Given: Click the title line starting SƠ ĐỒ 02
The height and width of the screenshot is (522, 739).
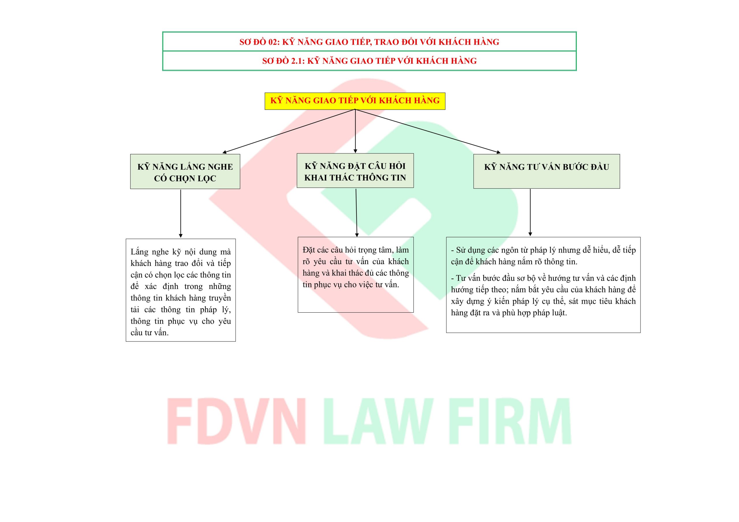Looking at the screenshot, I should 369,42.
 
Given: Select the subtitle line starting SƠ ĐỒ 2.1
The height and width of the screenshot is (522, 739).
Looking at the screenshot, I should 369,61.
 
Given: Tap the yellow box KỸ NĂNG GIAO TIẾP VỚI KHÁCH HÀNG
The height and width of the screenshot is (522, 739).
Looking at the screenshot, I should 355,101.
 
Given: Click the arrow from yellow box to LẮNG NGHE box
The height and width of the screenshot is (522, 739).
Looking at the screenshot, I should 289,131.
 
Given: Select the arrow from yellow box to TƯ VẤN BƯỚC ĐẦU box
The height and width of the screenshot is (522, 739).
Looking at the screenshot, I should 428,131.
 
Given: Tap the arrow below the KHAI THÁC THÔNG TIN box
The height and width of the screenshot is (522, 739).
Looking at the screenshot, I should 356,213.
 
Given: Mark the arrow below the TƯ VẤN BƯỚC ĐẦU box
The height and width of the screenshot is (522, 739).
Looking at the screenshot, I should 530,212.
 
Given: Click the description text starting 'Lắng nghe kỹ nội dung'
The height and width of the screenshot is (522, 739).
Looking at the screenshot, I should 181,292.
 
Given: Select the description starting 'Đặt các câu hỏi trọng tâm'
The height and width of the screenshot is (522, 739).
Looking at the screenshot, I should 355,267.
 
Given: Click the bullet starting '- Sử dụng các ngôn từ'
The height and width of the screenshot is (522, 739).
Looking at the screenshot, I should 543,256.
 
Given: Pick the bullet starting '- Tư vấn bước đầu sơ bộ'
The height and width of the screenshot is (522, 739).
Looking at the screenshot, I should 543,295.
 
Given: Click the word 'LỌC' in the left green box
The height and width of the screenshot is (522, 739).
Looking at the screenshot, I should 206,179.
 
